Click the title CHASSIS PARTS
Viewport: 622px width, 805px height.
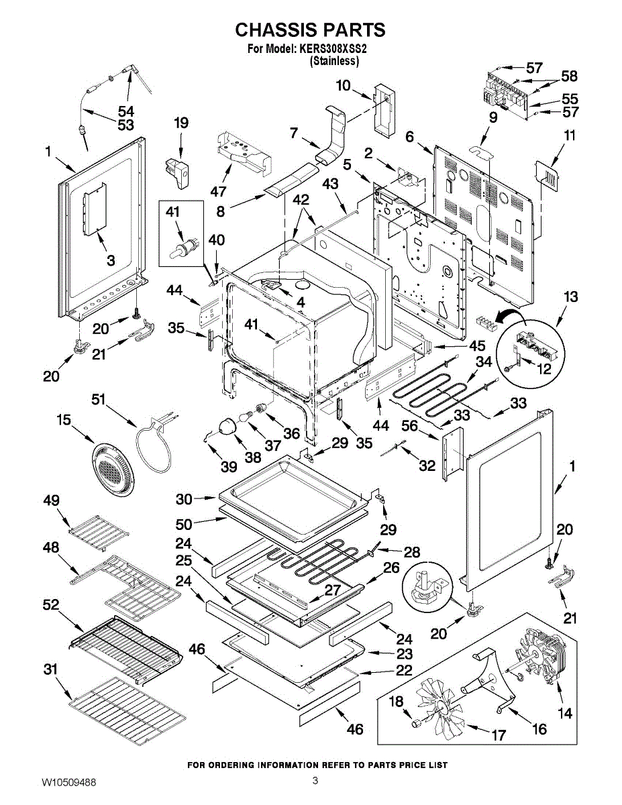click(310, 30)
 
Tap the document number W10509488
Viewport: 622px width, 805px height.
click(68, 782)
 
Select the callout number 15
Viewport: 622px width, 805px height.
click(64, 421)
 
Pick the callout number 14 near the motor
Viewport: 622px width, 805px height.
click(565, 713)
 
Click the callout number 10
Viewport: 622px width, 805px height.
click(343, 85)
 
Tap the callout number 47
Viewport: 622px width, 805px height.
click(218, 192)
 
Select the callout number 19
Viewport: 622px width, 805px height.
click(181, 123)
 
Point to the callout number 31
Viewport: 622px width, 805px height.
click(51, 669)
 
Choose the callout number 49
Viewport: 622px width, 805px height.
click(51, 500)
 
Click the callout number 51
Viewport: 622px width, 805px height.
click(99, 400)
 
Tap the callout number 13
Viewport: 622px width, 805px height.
click(570, 297)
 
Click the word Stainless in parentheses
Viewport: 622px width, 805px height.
click(333, 61)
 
